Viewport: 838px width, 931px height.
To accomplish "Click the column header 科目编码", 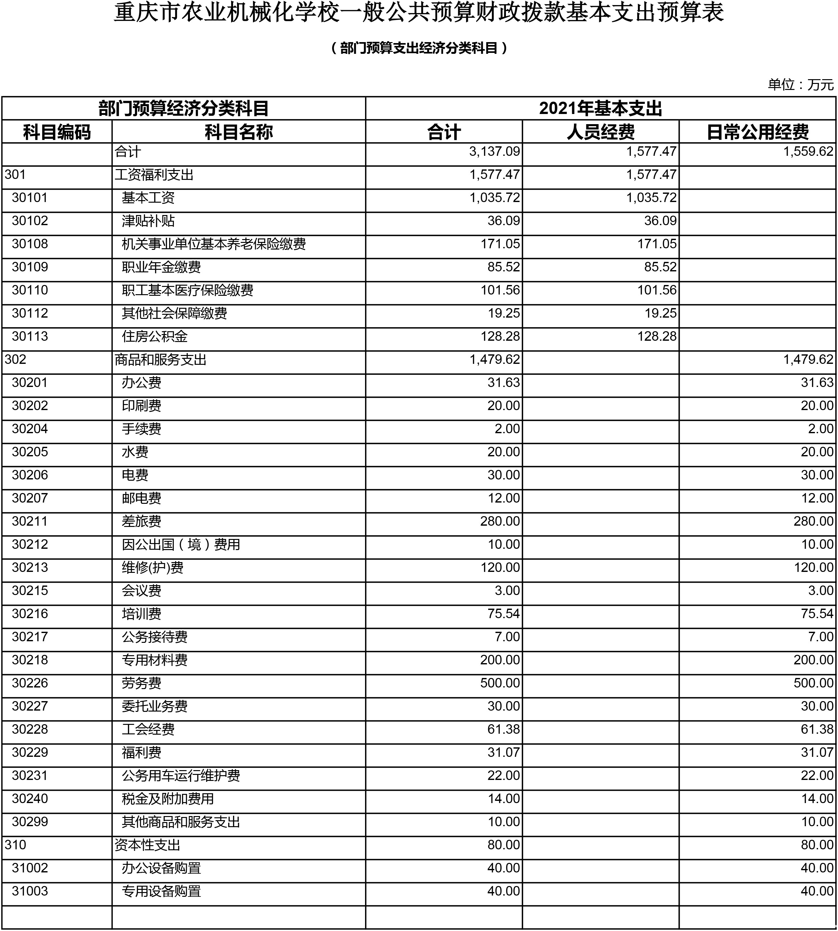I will pyautogui.click(x=57, y=132).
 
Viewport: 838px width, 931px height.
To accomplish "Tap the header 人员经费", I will pyautogui.click(x=601, y=132).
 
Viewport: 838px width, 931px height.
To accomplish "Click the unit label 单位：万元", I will pyautogui.click(x=800, y=85).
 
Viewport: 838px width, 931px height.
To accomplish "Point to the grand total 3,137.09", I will pyautogui.click(x=494, y=151).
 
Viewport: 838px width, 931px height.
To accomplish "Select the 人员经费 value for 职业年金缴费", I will pyautogui.click(x=660, y=267).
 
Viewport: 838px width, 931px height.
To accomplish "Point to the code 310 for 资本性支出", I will pyautogui.click(x=16, y=845).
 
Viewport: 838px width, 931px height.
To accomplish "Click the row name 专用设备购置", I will pyautogui.click(x=161, y=891).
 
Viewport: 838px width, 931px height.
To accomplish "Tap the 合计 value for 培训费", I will pyautogui.click(x=503, y=614).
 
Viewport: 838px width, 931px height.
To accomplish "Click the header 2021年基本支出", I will pyautogui.click(x=601, y=109).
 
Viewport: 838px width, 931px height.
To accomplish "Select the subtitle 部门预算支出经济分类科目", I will pyautogui.click(x=419, y=48).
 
